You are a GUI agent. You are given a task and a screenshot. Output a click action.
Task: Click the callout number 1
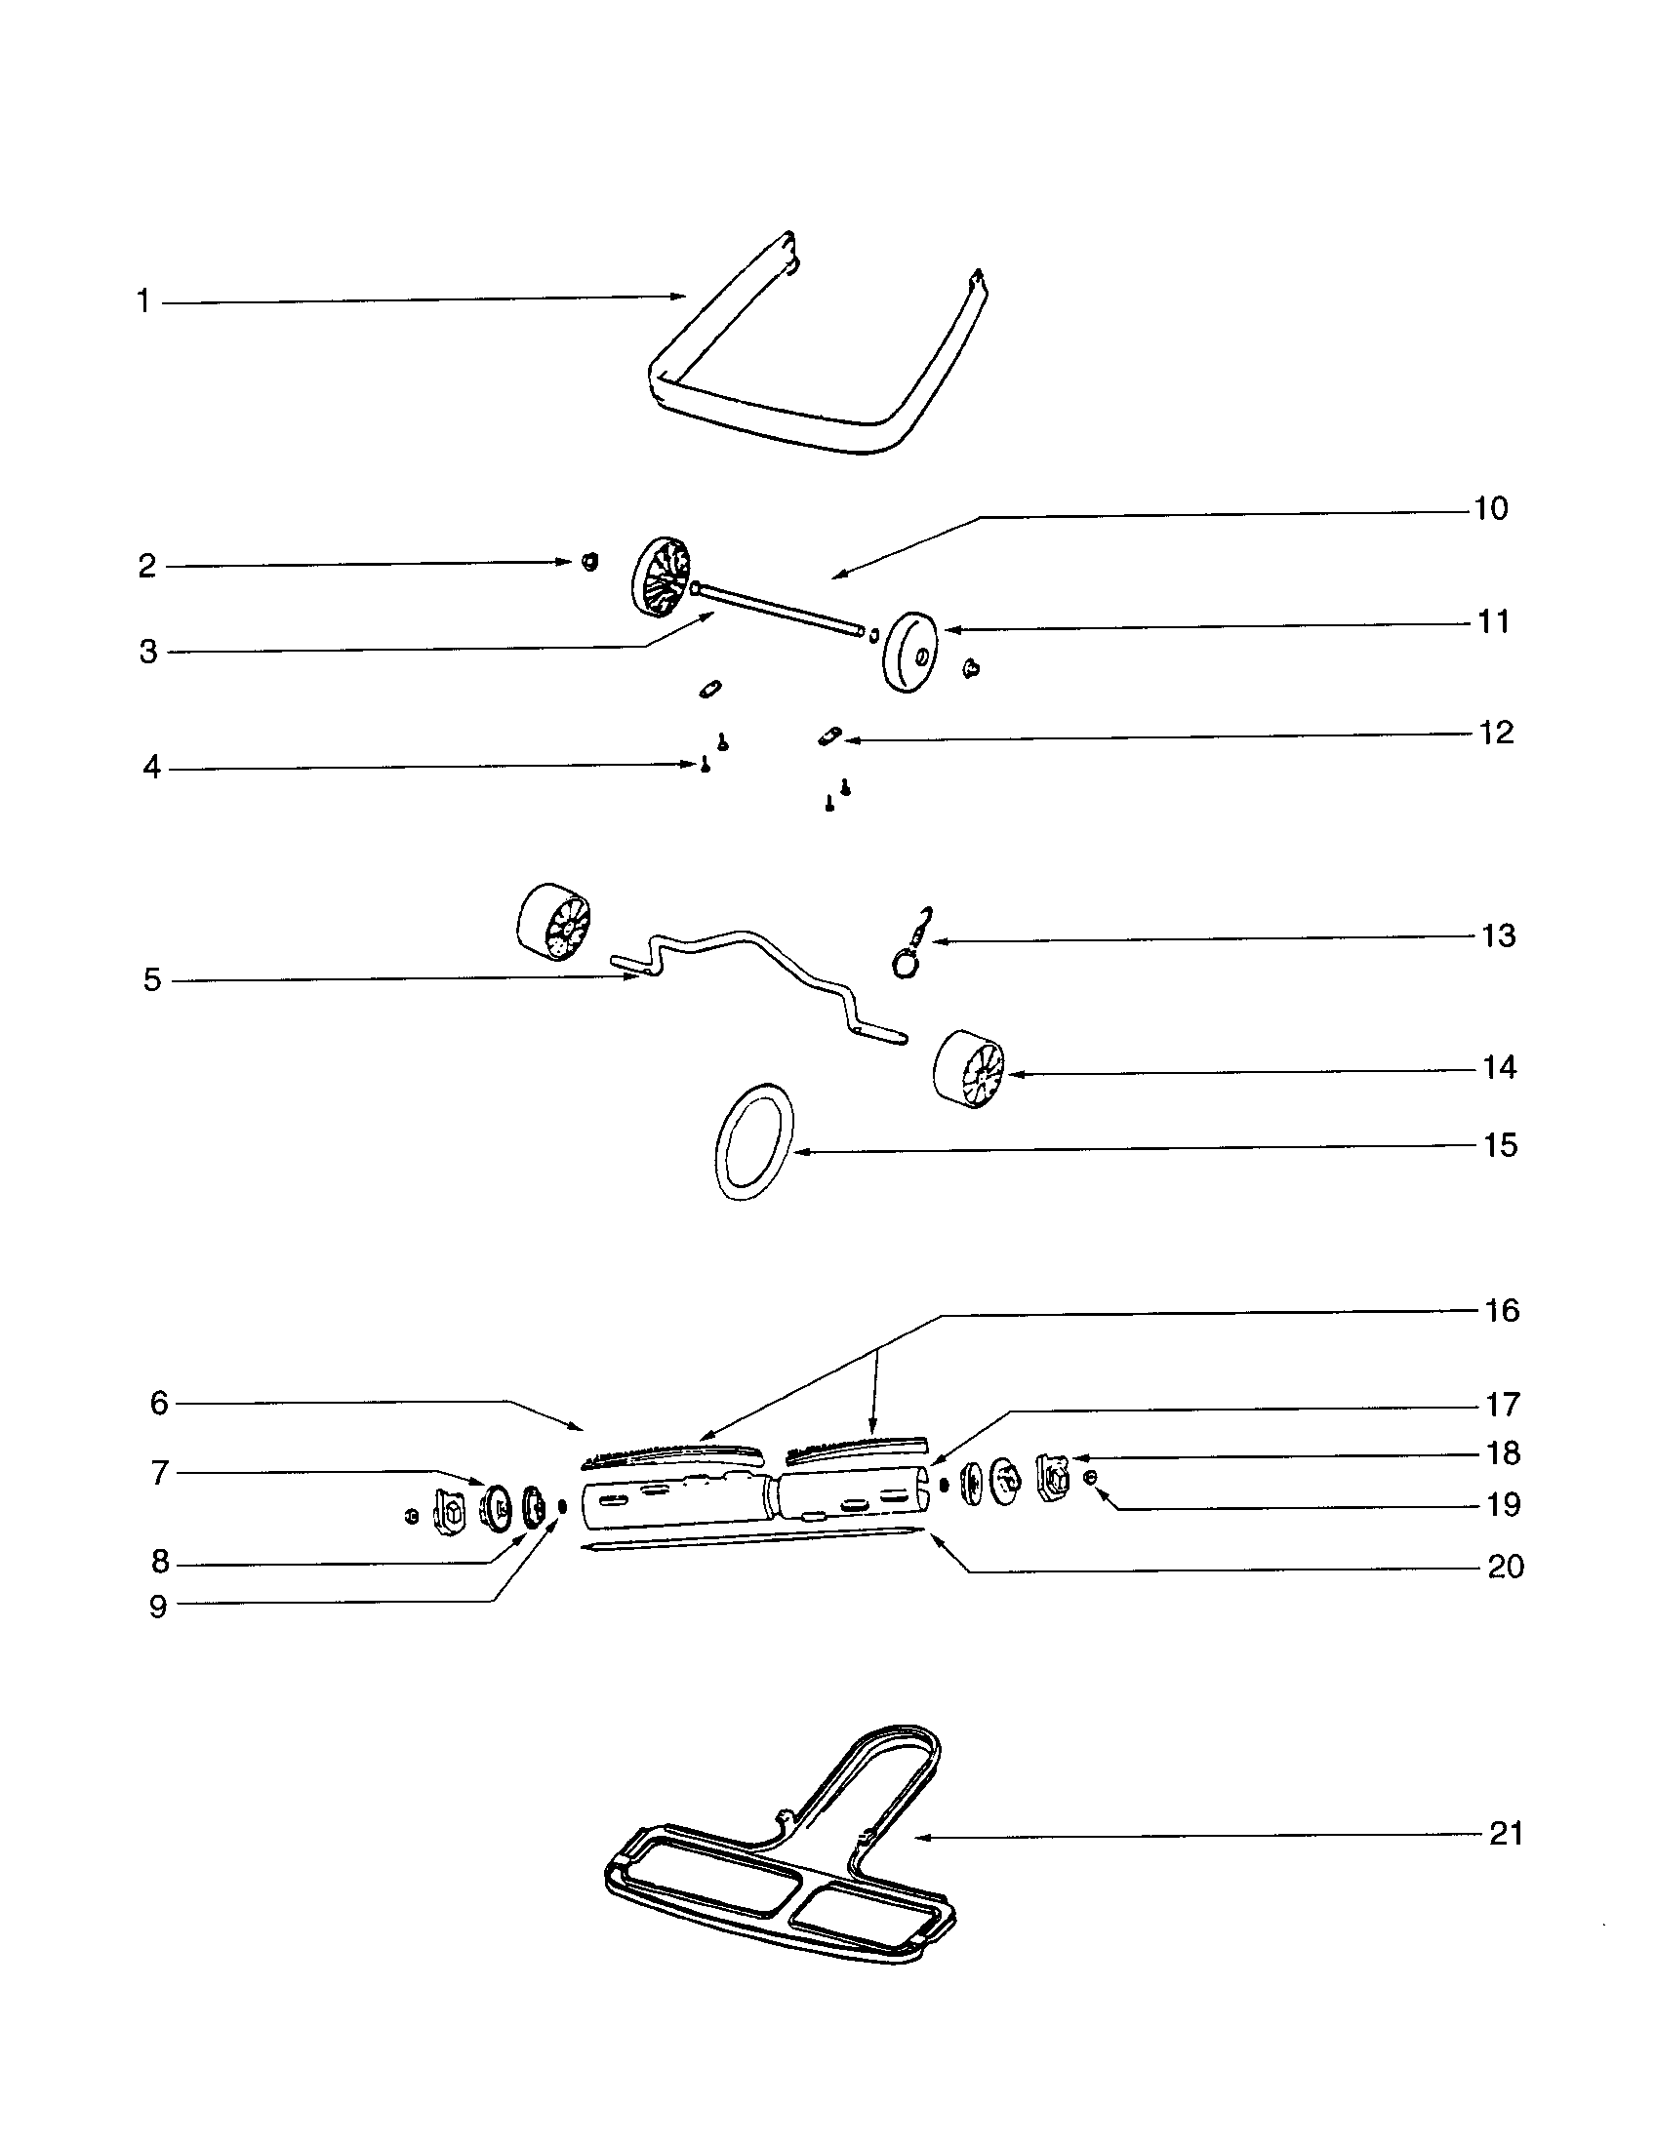click(143, 301)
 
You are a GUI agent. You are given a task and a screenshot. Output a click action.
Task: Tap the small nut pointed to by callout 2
click(589, 561)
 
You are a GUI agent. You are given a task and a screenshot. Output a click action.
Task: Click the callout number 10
click(1490, 509)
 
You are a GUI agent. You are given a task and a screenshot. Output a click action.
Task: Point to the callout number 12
click(1496, 733)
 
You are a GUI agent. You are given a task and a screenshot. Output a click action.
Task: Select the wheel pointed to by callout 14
click(969, 1070)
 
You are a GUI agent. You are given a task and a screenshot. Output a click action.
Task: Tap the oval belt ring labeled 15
click(754, 1142)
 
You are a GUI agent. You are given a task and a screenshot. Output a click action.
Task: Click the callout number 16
click(1502, 1310)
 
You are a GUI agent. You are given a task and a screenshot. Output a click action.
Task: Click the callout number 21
click(1506, 1834)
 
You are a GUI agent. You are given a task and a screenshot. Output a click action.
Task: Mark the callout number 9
click(158, 1607)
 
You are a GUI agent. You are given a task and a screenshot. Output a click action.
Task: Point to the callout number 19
click(1504, 1504)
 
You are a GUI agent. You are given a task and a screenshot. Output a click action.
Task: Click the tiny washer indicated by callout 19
click(1089, 1478)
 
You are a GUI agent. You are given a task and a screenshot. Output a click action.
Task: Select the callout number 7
click(159, 1473)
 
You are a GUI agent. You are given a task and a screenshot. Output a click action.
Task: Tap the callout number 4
click(151, 768)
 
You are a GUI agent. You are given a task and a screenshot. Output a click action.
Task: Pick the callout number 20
click(1506, 1567)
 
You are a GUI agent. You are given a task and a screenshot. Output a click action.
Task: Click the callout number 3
click(147, 652)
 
